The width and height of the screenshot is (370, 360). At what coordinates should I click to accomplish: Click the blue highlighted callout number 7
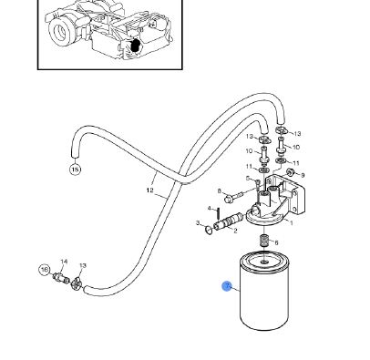227,286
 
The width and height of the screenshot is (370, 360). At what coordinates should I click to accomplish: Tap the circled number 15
76,170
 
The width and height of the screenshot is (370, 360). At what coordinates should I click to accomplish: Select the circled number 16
45,270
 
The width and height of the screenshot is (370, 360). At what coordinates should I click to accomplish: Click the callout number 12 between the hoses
150,190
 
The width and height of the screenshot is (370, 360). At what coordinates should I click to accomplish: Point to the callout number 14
64,262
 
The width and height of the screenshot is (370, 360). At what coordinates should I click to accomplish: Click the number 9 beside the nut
303,175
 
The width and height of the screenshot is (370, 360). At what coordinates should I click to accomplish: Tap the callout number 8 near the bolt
220,190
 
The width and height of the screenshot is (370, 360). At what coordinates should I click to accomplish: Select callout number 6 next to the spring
276,242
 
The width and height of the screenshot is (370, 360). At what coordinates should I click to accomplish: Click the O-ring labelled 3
209,230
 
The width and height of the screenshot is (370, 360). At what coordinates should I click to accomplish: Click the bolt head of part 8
229,200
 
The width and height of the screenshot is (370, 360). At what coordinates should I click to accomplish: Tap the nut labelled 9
291,172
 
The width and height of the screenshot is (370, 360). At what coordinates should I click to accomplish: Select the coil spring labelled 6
264,241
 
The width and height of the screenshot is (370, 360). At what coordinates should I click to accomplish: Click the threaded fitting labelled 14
61,278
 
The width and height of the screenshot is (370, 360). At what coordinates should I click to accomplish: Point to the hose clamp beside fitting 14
76,284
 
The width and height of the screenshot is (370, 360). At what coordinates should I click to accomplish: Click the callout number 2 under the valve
235,231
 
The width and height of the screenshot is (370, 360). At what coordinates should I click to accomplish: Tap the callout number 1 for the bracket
292,223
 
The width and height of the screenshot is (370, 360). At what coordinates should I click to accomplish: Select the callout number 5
248,179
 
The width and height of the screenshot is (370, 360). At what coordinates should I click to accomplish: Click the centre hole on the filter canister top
264,262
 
